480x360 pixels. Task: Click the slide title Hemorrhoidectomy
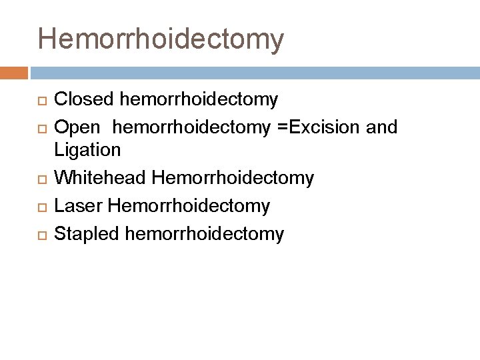pyautogui.click(x=161, y=39)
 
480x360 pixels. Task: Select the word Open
pyautogui.click(x=77, y=127)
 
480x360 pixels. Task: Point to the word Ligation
pyautogui.click(x=87, y=149)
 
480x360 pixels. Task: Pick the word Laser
pyautogui.click(x=77, y=206)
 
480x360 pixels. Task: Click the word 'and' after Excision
pyautogui.click(x=382, y=127)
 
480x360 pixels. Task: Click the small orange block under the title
pyautogui.click(x=13, y=72)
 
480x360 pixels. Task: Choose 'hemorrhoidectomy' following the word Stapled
pyautogui.click(x=204, y=234)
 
